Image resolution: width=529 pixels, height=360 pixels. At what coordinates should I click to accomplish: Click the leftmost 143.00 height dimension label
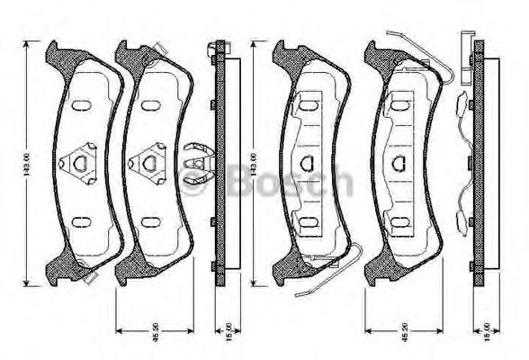(x=26, y=163)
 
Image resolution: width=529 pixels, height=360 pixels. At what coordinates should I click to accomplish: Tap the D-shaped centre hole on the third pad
(x=306, y=163)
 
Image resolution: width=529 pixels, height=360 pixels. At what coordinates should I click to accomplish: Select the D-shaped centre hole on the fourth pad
(x=399, y=163)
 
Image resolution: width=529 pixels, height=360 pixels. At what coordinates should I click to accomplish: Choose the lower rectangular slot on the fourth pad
(x=399, y=220)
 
